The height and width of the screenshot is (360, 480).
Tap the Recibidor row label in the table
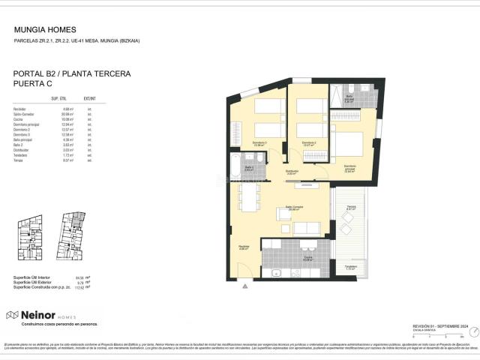point(20,109)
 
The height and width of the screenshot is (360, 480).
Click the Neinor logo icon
point(12,315)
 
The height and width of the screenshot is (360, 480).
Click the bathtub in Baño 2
point(234,164)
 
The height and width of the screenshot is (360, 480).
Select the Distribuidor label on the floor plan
point(292,172)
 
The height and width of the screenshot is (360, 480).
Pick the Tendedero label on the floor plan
point(350,266)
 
